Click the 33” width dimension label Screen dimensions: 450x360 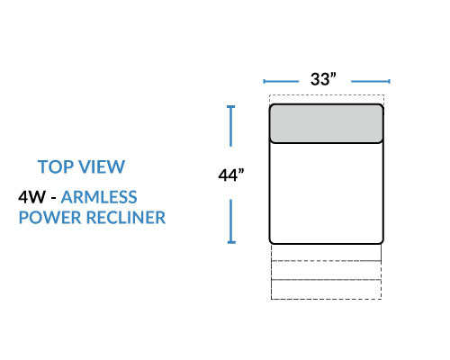point(323,79)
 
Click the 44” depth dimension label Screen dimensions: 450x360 point(231,175)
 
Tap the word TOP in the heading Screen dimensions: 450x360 point(55,166)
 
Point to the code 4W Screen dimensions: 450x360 point(31,197)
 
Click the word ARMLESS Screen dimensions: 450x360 point(99,197)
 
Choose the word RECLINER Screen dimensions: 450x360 point(126,218)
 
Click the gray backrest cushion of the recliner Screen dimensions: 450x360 point(327,123)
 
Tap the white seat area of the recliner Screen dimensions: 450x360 point(327,193)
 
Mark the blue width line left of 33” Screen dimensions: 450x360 point(281,81)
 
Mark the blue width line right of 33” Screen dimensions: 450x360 point(371,81)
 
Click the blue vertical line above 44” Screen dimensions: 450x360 point(230,126)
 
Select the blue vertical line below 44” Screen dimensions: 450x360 point(231,221)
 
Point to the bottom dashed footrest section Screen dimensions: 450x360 point(327,290)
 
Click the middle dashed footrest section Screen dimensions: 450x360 point(327,270)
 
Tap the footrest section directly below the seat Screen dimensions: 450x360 point(327,252)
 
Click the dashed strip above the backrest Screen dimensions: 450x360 point(327,100)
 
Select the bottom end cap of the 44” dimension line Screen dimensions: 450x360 point(231,242)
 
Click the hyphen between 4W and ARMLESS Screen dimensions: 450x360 point(53,198)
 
